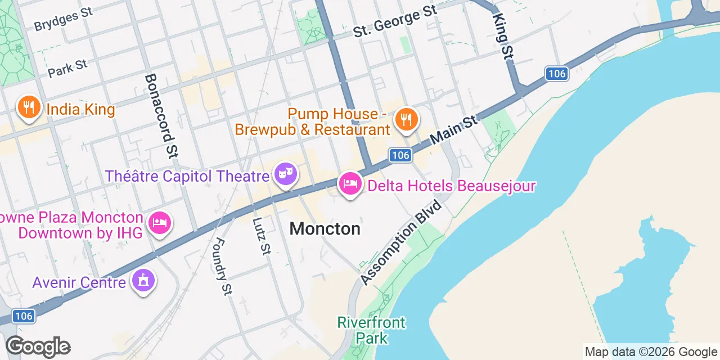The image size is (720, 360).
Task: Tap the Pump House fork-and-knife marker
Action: pos(404,119)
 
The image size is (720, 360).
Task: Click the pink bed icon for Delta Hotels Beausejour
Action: pos(350,184)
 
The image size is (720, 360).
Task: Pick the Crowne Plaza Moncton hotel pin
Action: pos(160,223)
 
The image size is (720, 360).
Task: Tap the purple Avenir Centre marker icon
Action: pos(143,280)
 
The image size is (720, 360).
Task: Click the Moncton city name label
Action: pos(325,229)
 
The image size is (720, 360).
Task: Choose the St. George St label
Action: pos(395,22)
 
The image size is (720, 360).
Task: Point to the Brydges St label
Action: pos(63,20)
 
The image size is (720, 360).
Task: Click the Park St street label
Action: pos(68,68)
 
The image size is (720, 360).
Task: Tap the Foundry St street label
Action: pos(223,266)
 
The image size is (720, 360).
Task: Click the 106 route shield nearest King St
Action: pos(556,73)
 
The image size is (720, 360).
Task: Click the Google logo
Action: pos(38,346)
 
